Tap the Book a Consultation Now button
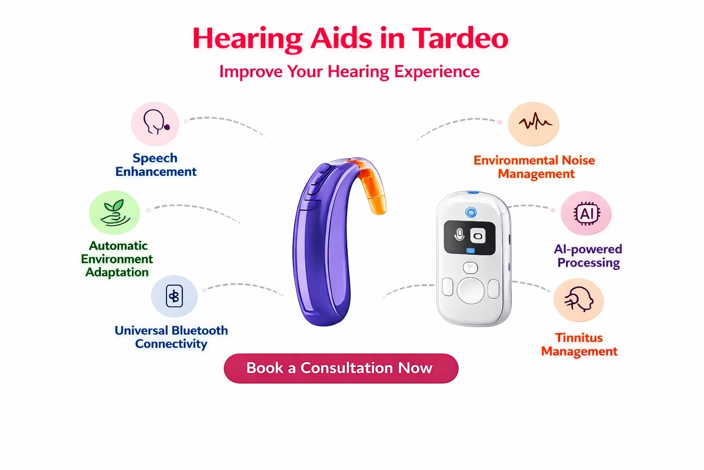(341, 368)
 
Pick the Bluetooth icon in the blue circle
(174, 296)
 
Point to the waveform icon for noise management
(535, 122)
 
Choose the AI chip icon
(587, 214)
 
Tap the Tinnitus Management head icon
(579, 299)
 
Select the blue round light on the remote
(471, 213)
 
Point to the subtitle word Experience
(437, 72)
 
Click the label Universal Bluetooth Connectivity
(171, 337)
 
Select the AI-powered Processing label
(588, 256)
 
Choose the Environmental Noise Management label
(534, 167)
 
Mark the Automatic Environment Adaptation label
(117, 259)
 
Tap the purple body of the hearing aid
(322, 246)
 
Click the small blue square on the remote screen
(471, 251)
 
